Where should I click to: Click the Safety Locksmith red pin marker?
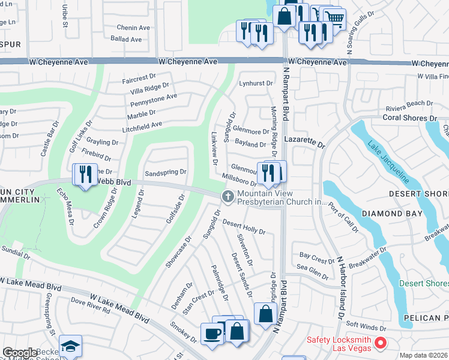tap(379, 343)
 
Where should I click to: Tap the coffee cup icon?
tap(212, 333)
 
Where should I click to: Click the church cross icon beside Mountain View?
tap(228, 196)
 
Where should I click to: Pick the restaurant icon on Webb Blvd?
tap(85, 174)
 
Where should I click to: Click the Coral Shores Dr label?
tap(409, 118)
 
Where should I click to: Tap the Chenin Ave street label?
tap(133, 28)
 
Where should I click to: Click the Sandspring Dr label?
tap(166, 172)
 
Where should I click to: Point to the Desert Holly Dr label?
tap(244, 227)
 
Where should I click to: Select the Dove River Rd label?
tap(90, 305)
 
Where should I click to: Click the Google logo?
tap(20, 353)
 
